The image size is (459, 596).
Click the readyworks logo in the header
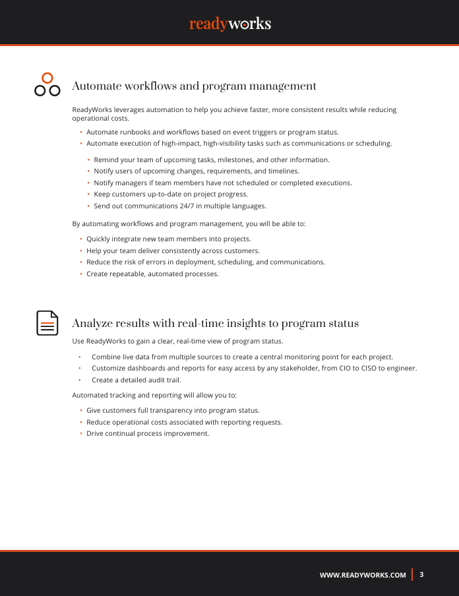click(229, 24)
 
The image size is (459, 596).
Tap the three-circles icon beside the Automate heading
click(47, 84)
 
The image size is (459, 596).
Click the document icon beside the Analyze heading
click(47, 323)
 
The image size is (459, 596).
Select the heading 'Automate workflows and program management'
click(194, 86)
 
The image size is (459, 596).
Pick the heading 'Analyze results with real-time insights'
click(215, 324)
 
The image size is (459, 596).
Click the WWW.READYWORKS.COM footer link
click(363, 575)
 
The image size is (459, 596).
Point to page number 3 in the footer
click(421, 574)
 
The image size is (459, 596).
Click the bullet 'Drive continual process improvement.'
click(148, 433)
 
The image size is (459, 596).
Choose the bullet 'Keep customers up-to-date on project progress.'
click(171, 194)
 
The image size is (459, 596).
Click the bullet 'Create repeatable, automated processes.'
click(152, 274)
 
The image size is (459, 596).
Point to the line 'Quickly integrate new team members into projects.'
click(169, 239)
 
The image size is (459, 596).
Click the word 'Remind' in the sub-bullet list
click(106, 160)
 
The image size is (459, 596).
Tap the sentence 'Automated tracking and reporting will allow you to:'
click(154, 395)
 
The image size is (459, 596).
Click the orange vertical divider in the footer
click(413, 574)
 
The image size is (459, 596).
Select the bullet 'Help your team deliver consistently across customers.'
click(173, 251)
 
